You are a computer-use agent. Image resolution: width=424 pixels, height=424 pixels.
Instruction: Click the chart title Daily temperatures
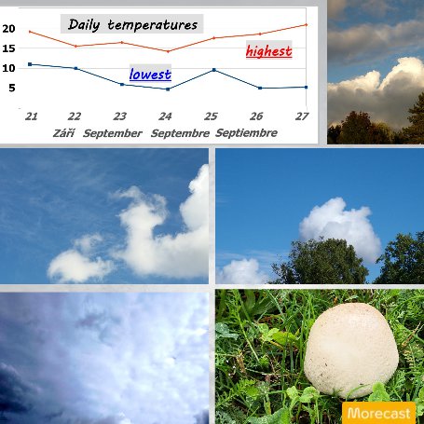(x=132, y=24)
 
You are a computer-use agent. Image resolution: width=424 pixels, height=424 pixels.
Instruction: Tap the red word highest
(x=269, y=51)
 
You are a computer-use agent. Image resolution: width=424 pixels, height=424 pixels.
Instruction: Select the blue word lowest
(x=150, y=75)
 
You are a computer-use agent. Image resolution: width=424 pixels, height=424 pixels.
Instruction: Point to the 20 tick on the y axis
(x=8, y=29)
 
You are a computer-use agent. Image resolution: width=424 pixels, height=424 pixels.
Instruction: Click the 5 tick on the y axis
(x=12, y=88)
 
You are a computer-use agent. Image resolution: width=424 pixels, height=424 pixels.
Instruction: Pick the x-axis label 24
(x=165, y=116)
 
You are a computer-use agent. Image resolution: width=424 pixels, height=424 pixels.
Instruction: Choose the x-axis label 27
(x=302, y=116)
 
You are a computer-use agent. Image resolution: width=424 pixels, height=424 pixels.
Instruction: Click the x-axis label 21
(x=31, y=116)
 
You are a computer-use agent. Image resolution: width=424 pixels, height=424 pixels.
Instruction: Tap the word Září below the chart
(x=63, y=133)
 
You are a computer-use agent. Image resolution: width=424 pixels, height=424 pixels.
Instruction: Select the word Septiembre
(x=246, y=133)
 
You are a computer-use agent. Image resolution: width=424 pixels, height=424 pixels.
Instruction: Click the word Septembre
(x=180, y=133)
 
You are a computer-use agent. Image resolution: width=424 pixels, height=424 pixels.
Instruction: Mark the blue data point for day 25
(x=214, y=70)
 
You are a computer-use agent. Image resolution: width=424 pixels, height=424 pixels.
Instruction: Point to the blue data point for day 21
(x=30, y=64)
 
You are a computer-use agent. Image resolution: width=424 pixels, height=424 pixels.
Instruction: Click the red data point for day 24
(x=168, y=51)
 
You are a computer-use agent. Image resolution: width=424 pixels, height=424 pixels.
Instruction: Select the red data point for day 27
(x=307, y=24)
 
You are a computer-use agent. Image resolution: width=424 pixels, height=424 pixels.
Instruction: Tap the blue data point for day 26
(x=260, y=89)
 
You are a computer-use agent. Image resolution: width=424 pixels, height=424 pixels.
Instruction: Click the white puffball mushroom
(x=351, y=350)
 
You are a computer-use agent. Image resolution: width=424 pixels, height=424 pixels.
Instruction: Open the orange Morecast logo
(x=378, y=413)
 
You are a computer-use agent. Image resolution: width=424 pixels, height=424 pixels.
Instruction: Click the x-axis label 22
(x=75, y=116)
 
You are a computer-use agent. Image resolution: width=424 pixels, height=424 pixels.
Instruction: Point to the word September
(x=113, y=133)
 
